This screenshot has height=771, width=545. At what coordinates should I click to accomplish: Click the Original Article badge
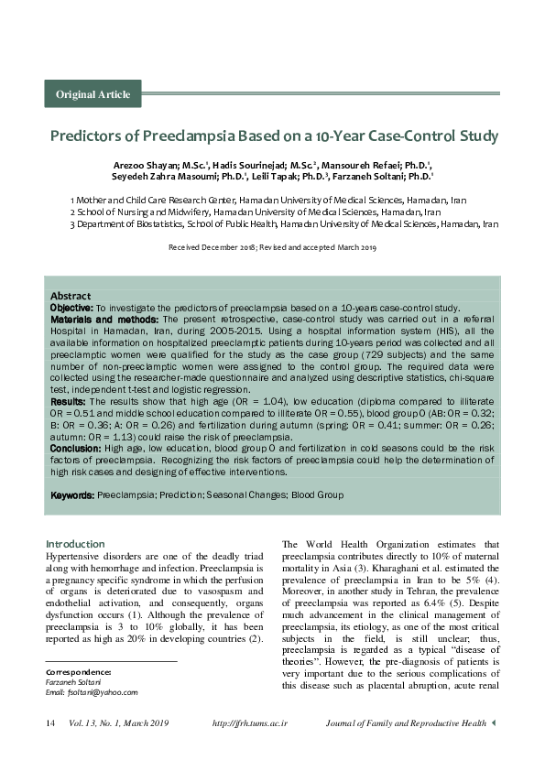click(93, 94)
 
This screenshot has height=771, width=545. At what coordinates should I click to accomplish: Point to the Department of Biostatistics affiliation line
click(284, 223)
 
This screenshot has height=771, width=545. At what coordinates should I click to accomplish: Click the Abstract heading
click(70, 296)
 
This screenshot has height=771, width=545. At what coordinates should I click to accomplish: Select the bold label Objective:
click(71, 308)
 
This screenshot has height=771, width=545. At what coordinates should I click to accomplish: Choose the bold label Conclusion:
click(75, 449)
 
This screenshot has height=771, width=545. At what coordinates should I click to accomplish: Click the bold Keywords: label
click(72, 495)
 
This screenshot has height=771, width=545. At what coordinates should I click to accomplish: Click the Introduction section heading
click(76, 544)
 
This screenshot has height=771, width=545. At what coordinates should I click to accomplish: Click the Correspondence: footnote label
click(79, 672)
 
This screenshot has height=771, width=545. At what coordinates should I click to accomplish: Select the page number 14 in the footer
click(51, 723)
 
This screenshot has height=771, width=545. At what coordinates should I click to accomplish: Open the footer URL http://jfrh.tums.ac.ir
click(250, 723)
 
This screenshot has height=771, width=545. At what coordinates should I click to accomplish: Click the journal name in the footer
click(406, 723)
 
